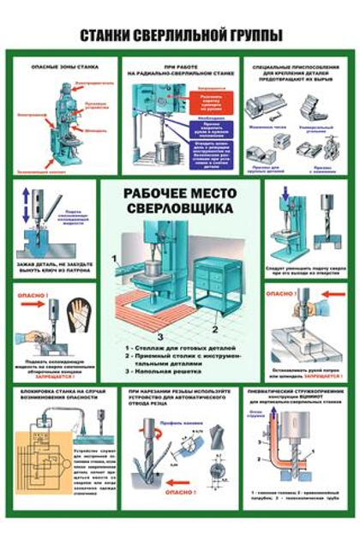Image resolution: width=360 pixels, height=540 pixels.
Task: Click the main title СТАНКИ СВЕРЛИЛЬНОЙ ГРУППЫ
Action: click(180, 36)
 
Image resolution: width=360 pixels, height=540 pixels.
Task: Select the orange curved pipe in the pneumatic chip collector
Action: click(279, 450)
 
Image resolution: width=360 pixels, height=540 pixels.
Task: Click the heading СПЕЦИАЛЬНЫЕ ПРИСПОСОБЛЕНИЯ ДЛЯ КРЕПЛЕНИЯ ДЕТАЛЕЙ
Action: click(293, 72)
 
